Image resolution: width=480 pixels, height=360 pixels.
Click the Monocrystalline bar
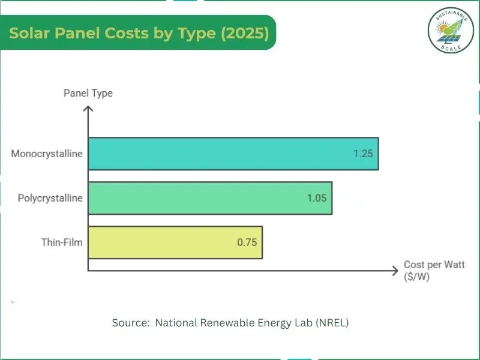click(233, 154)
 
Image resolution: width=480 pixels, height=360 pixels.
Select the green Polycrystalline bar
click(210, 198)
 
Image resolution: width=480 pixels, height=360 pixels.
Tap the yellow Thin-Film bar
click(175, 242)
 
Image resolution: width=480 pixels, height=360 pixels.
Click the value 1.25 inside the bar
click(363, 154)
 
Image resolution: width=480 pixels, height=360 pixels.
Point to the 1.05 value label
click(316, 198)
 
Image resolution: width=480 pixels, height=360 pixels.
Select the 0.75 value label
click(247, 242)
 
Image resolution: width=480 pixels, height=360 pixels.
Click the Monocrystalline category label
click(47, 154)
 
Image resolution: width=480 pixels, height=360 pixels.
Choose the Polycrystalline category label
click(50, 198)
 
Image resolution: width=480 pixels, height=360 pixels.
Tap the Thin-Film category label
click(62, 242)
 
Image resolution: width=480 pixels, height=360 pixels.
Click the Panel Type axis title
click(88, 93)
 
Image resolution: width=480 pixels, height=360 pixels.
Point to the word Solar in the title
click(28, 33)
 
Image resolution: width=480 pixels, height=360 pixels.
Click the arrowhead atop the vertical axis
click(88, 109)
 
